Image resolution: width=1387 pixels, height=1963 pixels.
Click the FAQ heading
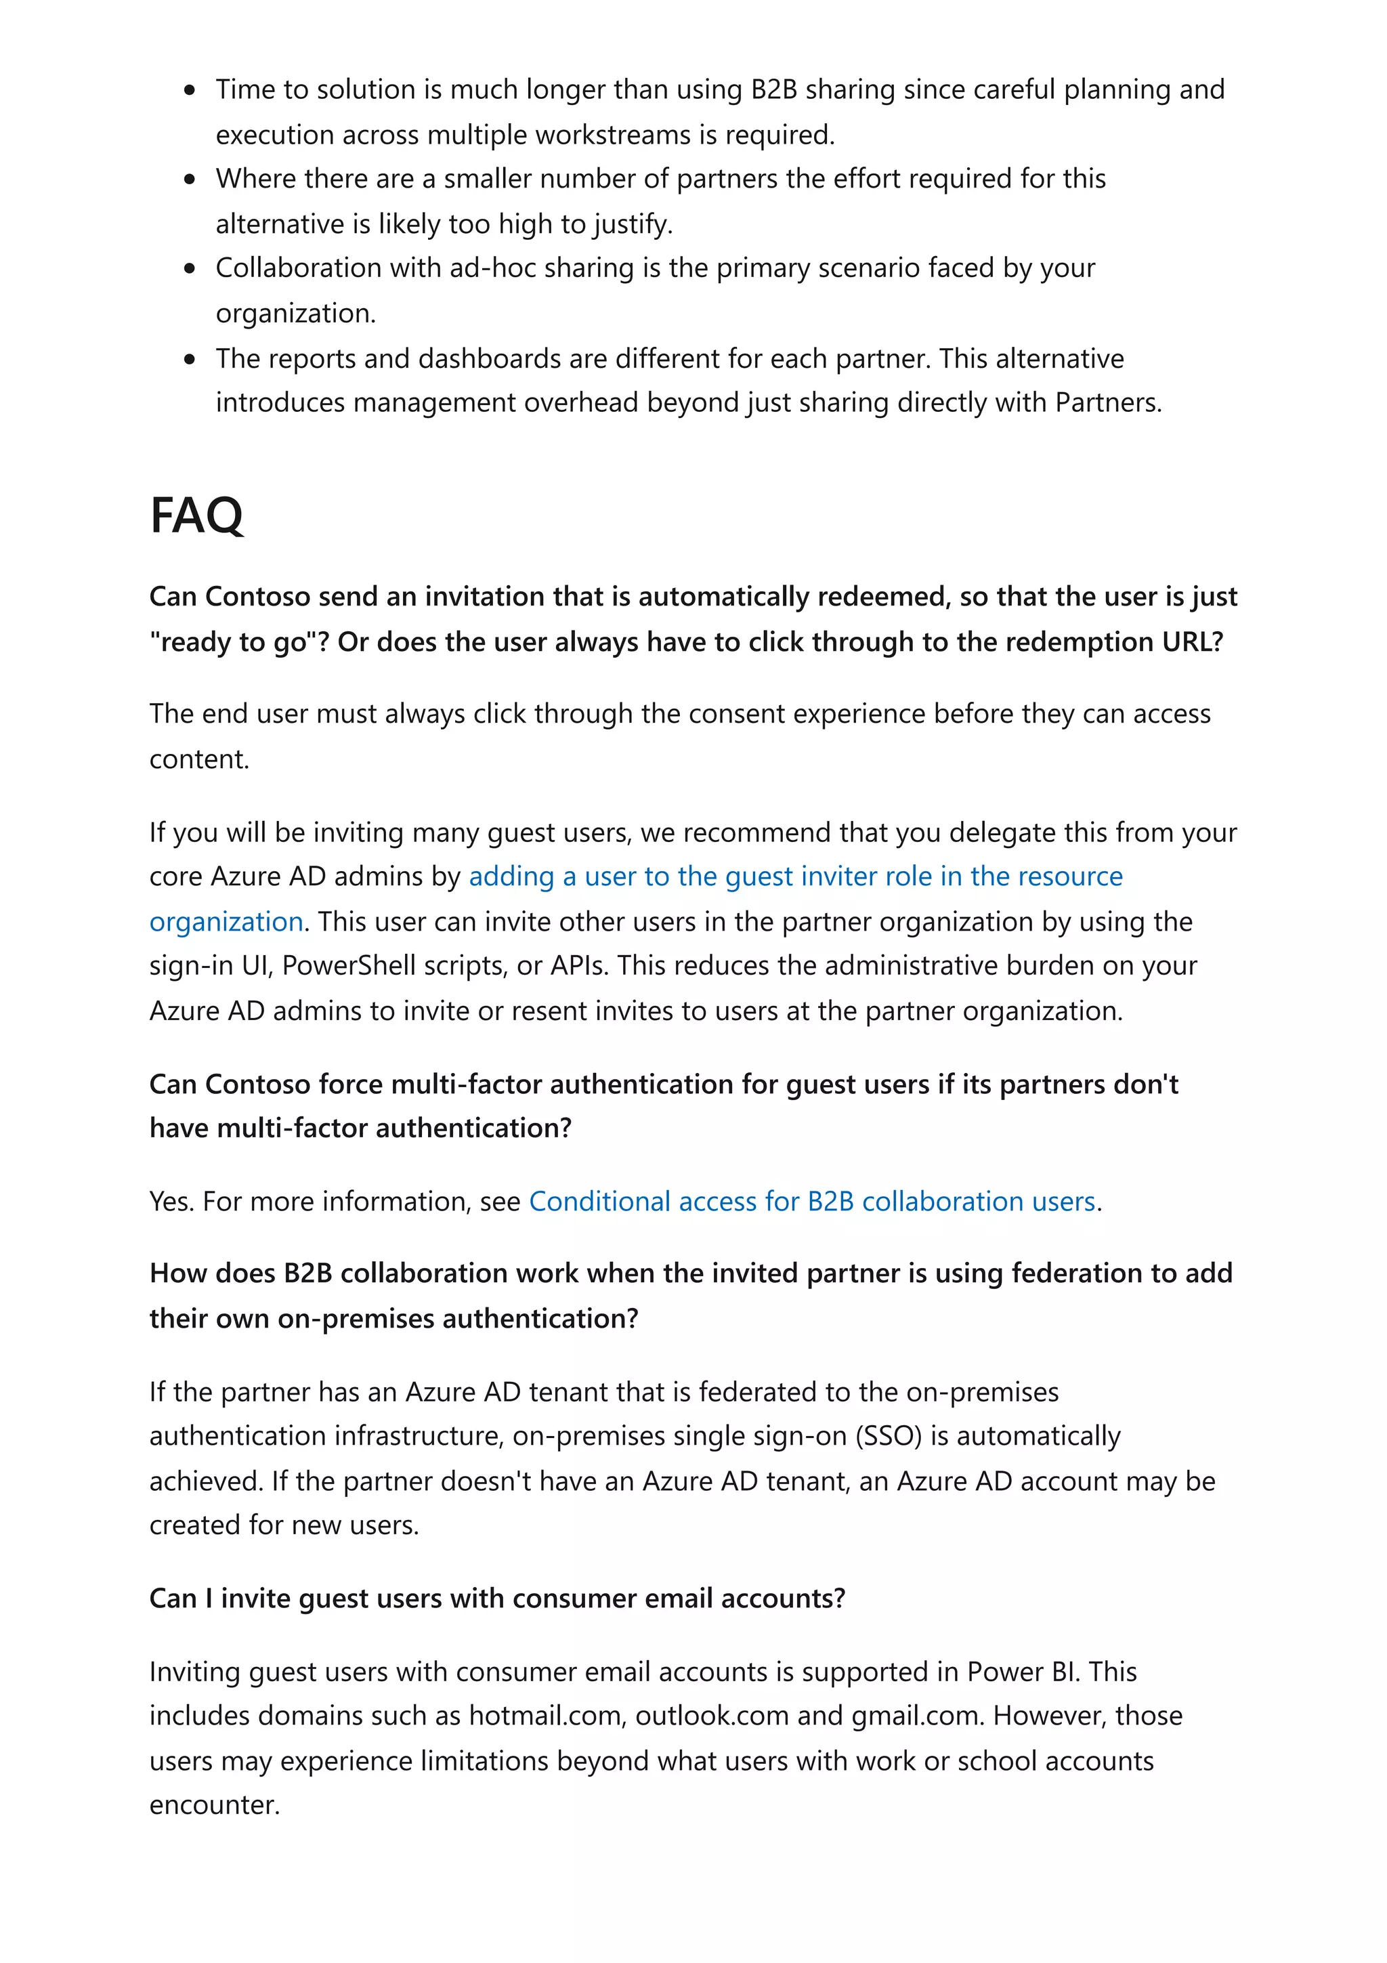coord(196,515)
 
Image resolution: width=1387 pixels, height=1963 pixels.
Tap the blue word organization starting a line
coord(226,922)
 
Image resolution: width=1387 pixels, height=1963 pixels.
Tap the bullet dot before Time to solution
coord(190,90)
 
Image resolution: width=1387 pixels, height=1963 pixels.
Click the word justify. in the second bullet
coord(633,224)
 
